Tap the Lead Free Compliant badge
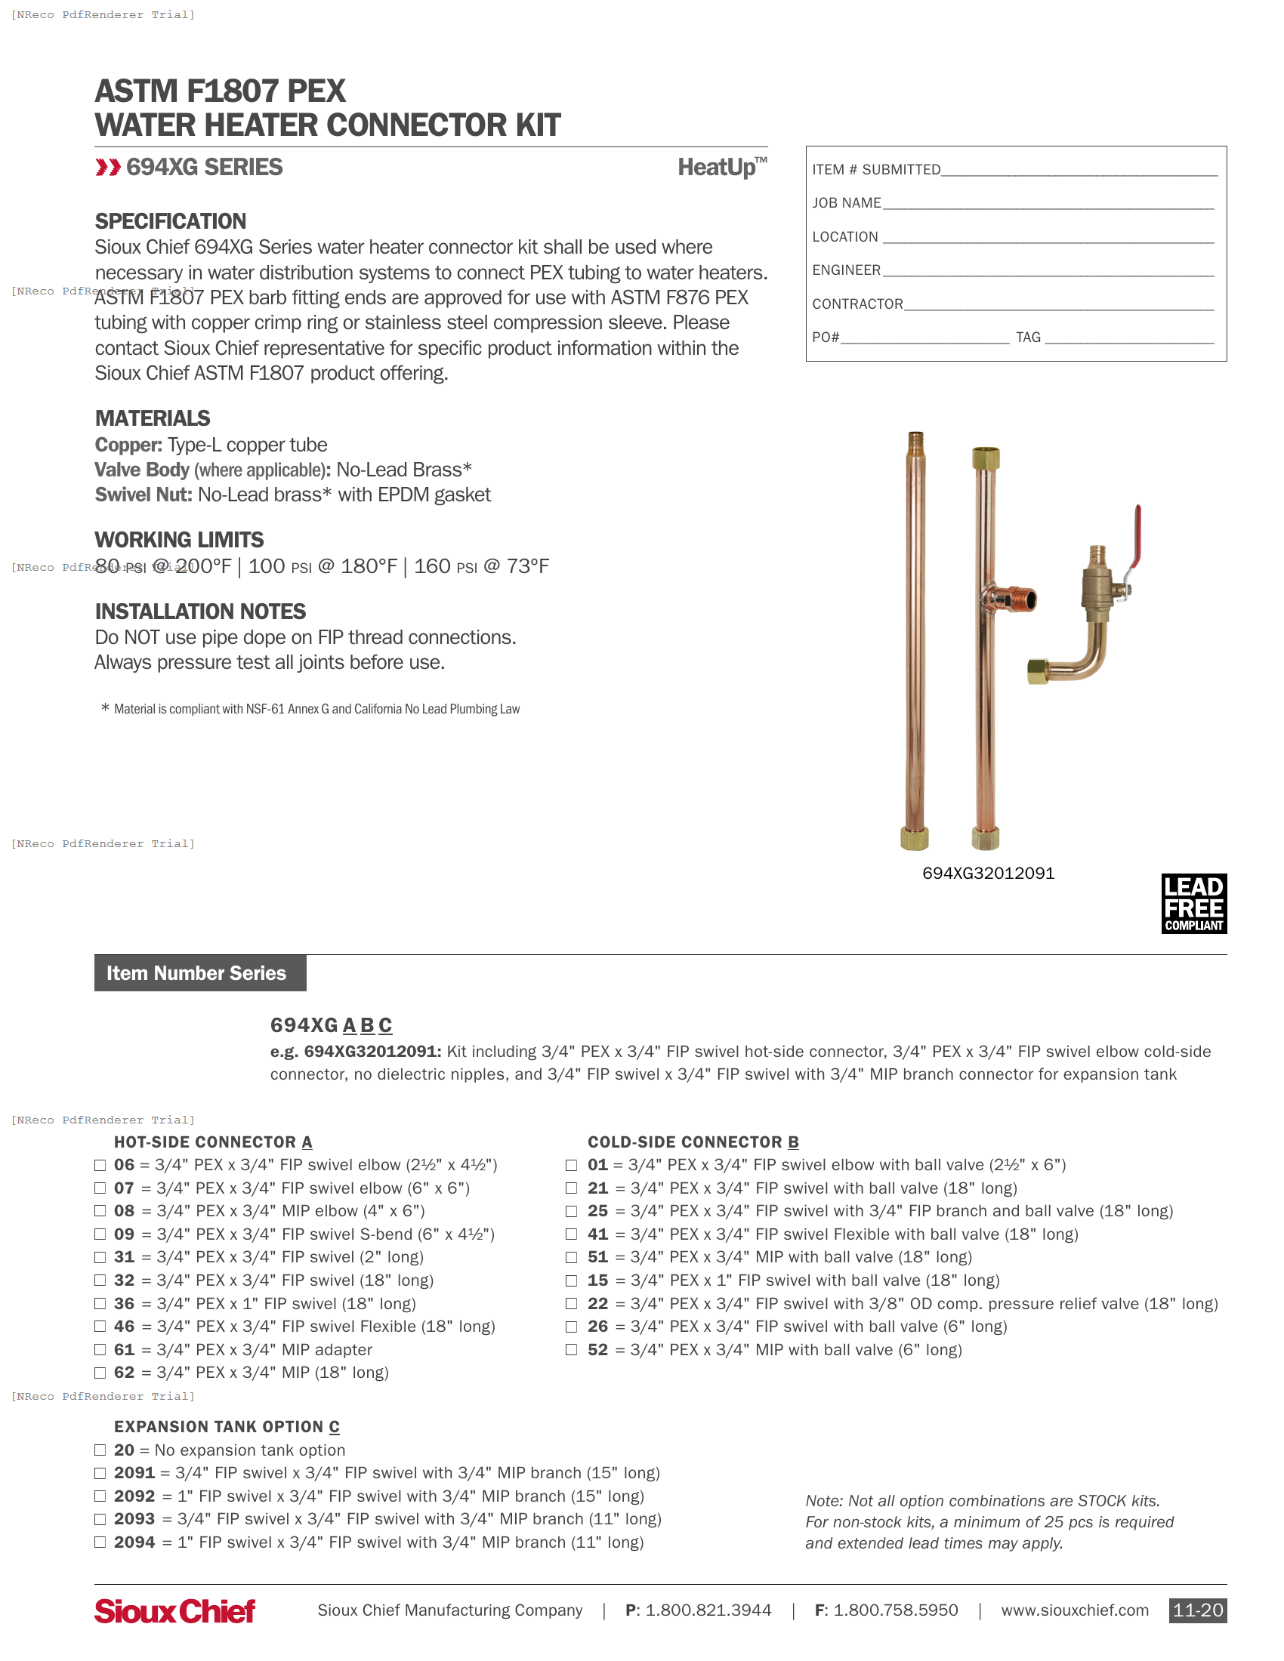point(1193,903)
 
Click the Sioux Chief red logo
point(174,1610)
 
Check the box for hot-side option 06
point(100,1164)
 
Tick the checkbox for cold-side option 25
point(571,1211)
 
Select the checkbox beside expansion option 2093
point(100,1519)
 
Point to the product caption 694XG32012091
point(987,873)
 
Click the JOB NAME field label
point(846,203)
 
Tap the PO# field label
point(826,337)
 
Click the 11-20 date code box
point(1196,1610)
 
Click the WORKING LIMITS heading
point(179,539)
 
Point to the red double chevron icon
point(108,168)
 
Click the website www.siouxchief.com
point(1074,1610)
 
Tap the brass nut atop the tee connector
point(985,458)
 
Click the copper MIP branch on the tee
point(1015,599)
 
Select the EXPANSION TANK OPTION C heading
point(227,1427)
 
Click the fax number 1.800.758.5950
point(894,1610)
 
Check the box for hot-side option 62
point(100,1372)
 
